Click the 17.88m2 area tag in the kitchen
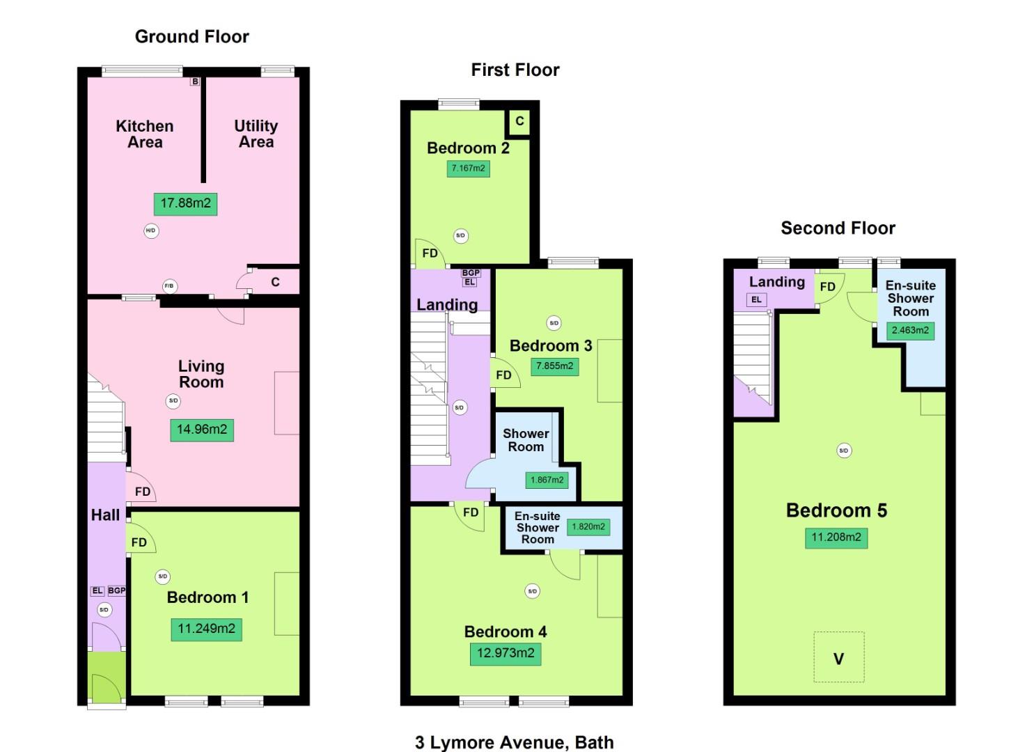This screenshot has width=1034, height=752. (185, 203)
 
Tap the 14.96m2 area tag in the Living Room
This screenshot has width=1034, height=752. (202, 430)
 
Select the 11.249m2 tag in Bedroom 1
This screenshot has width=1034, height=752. (206, 629)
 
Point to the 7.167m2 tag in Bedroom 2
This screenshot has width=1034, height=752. (468, 169)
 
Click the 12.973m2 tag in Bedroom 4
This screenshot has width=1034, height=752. (506, 653)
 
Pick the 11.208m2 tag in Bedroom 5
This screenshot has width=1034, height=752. (836, 538)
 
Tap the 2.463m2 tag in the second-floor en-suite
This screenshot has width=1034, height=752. (910, 331)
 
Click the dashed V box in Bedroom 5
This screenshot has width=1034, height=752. (839, 657)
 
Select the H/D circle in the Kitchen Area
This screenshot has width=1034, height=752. (150, 230)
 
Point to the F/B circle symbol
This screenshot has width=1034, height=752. (169, 285)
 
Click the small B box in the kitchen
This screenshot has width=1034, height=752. (195, 81)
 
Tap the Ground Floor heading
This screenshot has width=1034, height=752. (191, 37)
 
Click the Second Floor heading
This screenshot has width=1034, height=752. (838, 228)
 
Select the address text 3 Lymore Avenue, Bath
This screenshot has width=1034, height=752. (515, 742)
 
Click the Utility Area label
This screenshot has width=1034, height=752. (256, 134)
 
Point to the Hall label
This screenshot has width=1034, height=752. (105, 515)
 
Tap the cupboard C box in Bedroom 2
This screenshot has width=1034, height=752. (519, 121)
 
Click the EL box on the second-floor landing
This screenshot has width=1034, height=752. (756, 300)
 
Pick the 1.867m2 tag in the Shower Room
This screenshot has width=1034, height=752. (547, 480)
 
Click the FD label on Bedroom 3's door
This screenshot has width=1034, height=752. (503, 375)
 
